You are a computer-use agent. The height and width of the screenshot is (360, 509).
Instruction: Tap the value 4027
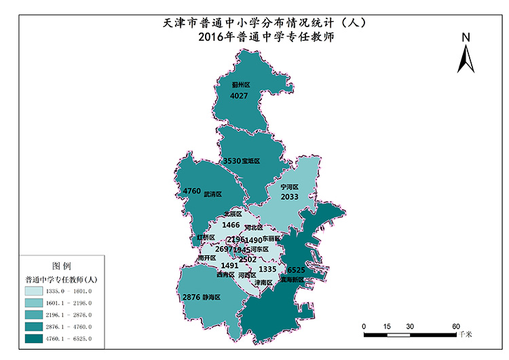240,96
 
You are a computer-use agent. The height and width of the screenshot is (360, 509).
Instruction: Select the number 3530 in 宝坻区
231,161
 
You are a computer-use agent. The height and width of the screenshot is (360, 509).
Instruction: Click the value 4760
192,192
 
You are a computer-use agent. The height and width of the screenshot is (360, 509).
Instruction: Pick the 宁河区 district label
290,186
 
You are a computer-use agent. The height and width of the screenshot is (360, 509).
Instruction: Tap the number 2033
290,197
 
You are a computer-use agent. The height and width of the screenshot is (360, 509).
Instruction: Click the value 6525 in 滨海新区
297,270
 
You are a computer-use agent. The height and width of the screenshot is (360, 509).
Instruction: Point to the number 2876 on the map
191,298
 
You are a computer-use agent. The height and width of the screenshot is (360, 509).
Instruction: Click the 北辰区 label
232,214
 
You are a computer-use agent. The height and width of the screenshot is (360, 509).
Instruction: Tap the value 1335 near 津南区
267,270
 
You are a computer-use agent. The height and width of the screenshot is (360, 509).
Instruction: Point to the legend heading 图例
62,266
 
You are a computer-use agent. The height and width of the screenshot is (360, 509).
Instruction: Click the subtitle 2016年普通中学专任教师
265,37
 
